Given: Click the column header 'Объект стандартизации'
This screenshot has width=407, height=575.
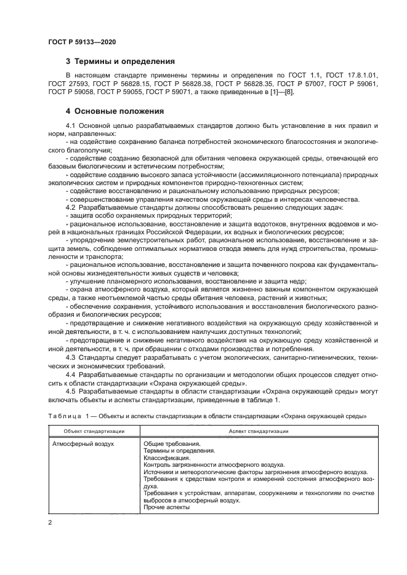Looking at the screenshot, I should tap(87, 431).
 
